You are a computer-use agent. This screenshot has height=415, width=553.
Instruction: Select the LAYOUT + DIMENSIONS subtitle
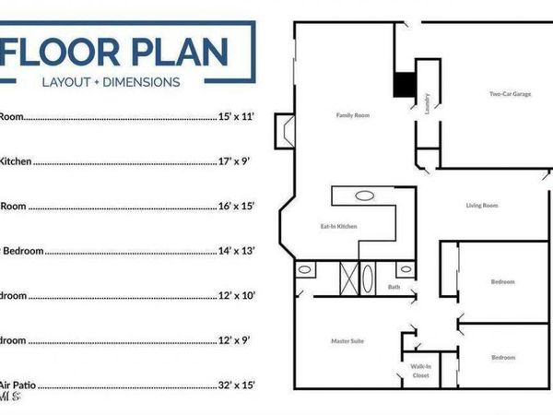pos(111,81)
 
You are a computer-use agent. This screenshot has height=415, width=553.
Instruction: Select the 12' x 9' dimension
pos(235,339)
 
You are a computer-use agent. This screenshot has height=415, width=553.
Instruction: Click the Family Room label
pos(351,115)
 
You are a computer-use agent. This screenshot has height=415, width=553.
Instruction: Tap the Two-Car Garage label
pos(510,93)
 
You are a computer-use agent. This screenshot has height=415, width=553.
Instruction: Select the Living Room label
pos(482,205)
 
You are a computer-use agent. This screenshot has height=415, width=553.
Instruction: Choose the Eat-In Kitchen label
pos(338,226)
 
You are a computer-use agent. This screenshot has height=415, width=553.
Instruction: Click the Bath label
pos(394,287)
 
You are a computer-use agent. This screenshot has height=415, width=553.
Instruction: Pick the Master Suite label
pos(347,341)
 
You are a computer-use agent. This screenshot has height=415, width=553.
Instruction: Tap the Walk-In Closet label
pos(420,371)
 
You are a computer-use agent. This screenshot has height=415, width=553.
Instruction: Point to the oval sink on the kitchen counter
pos(365,196)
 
